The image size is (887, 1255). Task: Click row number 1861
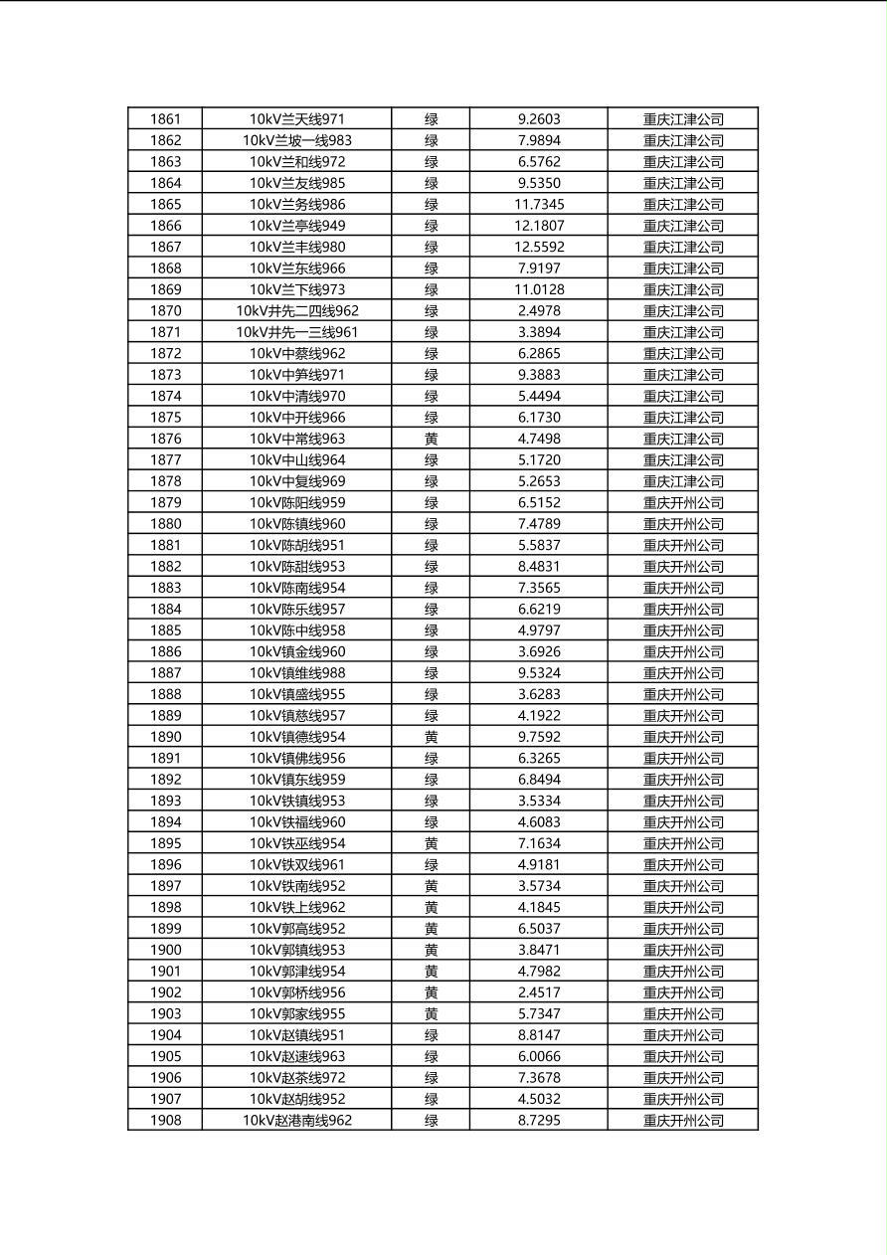pyautogui.click(x=165, y=119)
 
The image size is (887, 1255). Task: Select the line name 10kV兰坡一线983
pyautogui.click(x=296, y=140)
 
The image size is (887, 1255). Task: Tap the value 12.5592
pyautogui.click(x=539, y=247)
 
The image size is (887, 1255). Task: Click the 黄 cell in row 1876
pyautogui.click(x=431, y=439)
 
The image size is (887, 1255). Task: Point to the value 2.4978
pyautogui.click(x=539, y=311)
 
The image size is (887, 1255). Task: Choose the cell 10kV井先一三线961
pyautogui.click(x=296, y=332)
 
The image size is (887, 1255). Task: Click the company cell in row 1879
pyautogui.click(x=683, y=502)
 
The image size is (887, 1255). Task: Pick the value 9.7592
pyautogui.click(x=539, y=737)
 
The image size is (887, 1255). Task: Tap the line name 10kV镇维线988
pyautogui.click(x=296, y=673)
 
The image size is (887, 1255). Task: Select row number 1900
pyautogui.click(x=165, y=950)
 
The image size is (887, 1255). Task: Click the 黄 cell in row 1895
pyautogui.click(x=431, y=843)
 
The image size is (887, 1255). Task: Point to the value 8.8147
pyautogui.click(x=539, y=1035)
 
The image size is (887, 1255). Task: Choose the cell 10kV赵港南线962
pyautogui.click(x=296, y=1120)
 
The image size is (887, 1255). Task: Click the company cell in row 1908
pyautogui.click(x=683, y=1120)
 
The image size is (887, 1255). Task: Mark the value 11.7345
pyautogui.click(x=539, y=204)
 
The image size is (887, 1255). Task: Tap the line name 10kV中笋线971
pyautogui.click(x=296, y=375)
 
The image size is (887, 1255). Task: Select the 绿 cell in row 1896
pyautogui.click(x=431, y=864)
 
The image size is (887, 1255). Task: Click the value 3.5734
pyautogui.click(x=539, y=886)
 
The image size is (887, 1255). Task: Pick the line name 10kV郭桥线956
pyautogui.click(x=296, y=992)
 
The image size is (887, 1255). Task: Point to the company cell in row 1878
pyautogui.click(x=683, y=481)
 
